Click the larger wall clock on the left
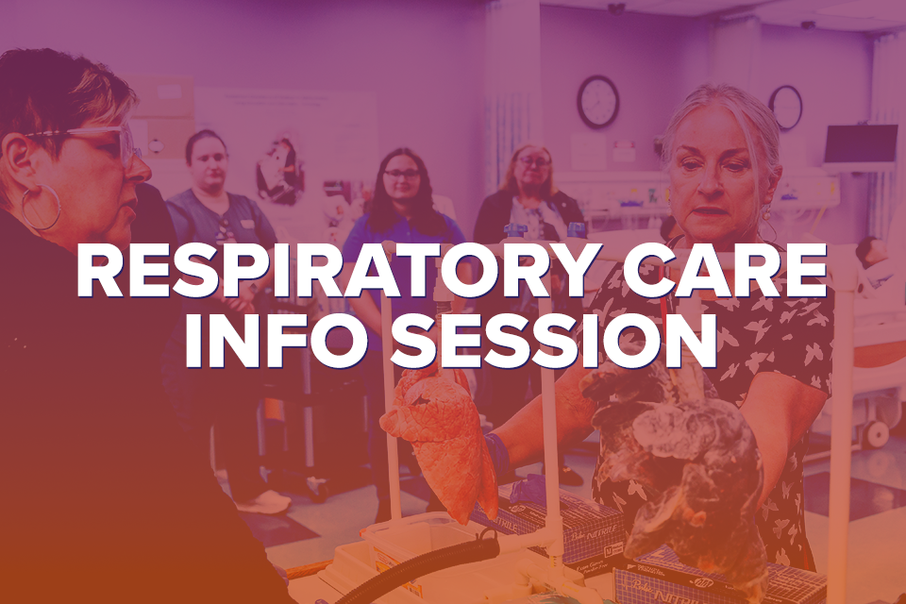tap(597, 102)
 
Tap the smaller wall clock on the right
tap(784, 107)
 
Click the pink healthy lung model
tap(439, 434)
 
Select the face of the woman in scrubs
tap(207, 160)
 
